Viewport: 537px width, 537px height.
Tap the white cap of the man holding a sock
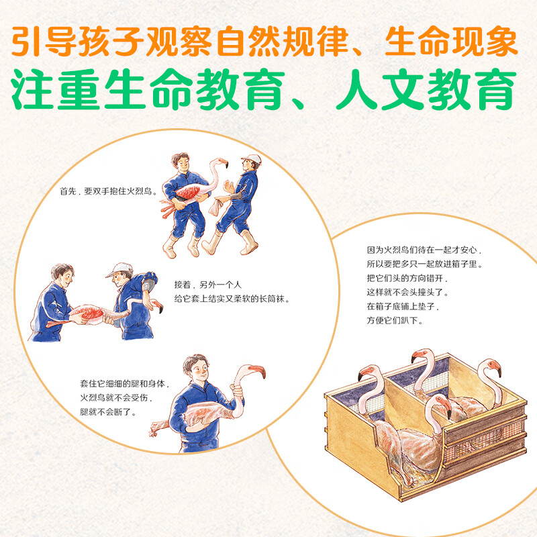tap(251, 159)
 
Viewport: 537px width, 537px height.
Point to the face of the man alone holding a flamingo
tap(195, 370)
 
